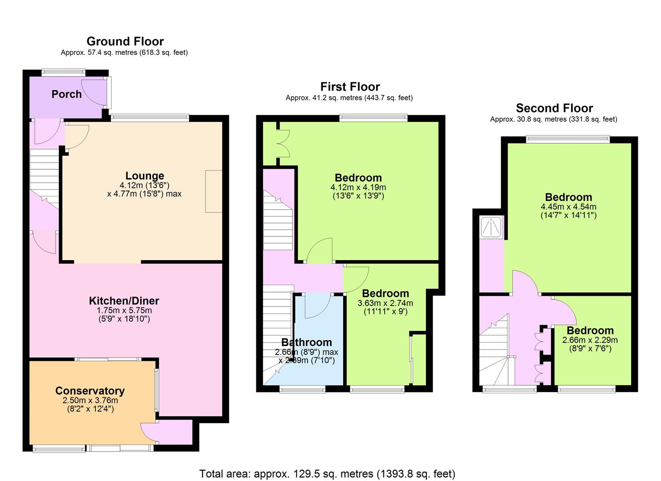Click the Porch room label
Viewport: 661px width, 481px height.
pos(66,94)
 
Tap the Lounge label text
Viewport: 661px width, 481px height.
pos(145,175)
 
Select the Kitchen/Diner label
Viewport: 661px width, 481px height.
pos(124,301)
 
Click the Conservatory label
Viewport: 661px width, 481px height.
pos(90,391)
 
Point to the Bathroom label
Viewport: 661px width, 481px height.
pos(307,342)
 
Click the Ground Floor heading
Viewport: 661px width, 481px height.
pos(125,41)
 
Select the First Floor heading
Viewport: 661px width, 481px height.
pos(350,87)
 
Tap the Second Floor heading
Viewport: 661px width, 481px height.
pos(554,108)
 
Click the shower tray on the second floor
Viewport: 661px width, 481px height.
pos(491,227)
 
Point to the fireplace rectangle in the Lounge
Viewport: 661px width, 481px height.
pos(214,191)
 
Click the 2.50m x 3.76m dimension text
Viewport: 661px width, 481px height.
pos(90,400)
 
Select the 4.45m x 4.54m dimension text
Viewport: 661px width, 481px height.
pos(568,207)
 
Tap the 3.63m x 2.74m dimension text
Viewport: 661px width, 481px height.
pos(385,303)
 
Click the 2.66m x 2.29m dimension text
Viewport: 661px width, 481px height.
pos(590,340)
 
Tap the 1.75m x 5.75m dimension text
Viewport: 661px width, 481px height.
pos(124,310)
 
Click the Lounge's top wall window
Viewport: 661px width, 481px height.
pos(150,118)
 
